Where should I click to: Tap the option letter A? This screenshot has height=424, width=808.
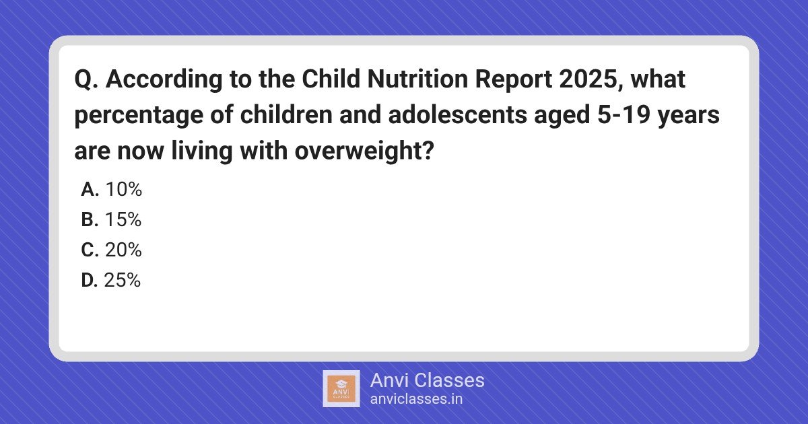click(90, 189)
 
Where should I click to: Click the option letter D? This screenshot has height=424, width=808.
click(90, 280)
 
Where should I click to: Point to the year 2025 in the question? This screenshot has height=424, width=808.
click(591, 79)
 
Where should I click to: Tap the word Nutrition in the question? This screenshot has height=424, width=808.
click(417, 79)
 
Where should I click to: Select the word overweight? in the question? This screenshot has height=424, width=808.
click(364, 151)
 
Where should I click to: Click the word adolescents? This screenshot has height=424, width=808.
click(457, 114)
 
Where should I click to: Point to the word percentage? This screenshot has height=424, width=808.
click(139, 116)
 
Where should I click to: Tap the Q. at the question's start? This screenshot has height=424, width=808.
click(86, 79)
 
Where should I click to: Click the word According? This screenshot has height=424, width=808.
click(164, 80)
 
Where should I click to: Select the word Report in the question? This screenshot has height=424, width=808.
click(514, 79)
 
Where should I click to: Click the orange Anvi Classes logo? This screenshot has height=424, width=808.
click(341, 389)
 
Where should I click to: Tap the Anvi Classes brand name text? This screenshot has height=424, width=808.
click(428, 380)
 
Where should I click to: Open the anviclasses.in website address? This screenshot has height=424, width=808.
click(416, 399)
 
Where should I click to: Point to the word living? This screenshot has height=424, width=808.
click(202, 151)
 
